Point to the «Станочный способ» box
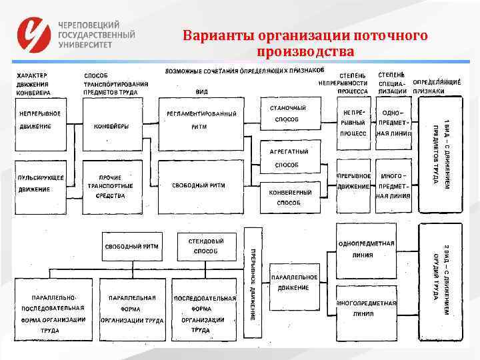tap(287, 114)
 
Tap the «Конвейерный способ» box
tap(287, 196)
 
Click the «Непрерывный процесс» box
tap(353, 124)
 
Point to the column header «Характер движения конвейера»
tap(37, 84)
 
